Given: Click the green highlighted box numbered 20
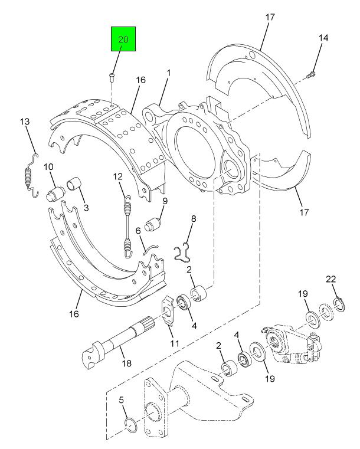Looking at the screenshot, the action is coord(123,39).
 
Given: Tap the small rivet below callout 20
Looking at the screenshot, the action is coord(112,77).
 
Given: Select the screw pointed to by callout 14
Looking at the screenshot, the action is coord(311,76).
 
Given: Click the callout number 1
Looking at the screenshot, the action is coord(169,73).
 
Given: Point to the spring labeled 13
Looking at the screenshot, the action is coord(30,176).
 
